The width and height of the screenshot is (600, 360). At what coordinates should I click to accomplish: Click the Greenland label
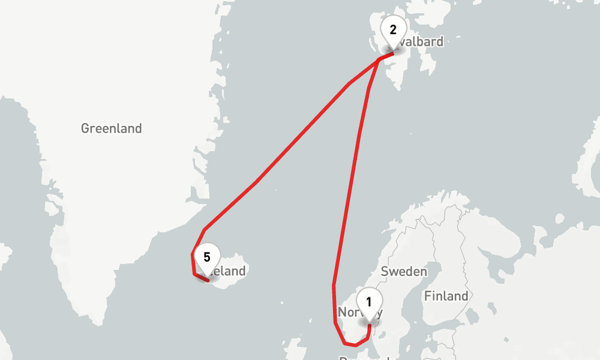[112, 128]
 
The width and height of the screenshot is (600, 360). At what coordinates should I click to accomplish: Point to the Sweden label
[404, 271]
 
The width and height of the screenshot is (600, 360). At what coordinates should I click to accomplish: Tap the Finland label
[446, 296]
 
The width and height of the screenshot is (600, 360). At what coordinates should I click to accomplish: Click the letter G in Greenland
[85, 128]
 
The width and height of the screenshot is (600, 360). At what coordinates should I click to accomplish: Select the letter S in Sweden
[385, 271]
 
